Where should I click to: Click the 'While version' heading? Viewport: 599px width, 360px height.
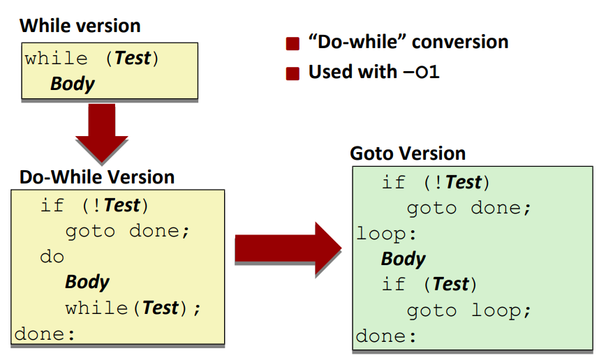pos(80,26)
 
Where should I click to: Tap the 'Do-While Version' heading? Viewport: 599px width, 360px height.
pos(97,177)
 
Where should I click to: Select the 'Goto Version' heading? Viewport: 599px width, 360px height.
pos(408,153)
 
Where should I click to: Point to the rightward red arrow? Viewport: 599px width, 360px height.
pos(288,248)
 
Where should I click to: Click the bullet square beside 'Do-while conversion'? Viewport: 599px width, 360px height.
pos(293,43)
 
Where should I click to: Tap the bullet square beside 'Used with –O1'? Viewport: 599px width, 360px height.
pos(293,73)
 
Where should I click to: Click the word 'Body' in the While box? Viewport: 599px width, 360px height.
pos(72,84)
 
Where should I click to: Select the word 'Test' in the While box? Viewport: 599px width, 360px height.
pos(133,58)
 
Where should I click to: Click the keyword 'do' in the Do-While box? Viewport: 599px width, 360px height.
pos(52,257)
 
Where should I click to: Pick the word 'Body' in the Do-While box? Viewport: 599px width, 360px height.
pos(87,282)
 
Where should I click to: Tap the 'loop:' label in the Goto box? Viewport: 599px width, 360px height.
pos(386,234)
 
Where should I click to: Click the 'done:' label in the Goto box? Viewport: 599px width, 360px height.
pos(386,336)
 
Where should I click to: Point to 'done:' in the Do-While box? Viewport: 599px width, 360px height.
pos(45,334)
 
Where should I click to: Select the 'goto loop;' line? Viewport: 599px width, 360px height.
pos(468,310)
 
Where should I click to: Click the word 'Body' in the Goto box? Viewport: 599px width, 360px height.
pos(403,259)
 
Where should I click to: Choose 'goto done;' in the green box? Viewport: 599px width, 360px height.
pos(468,209)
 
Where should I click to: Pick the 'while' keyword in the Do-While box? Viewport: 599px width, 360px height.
pos(96,308)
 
